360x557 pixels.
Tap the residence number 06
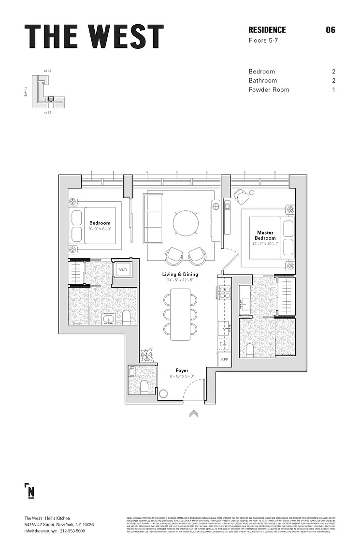(331, 30)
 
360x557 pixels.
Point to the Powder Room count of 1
(333, 89)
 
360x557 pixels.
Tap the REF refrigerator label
(224, 360)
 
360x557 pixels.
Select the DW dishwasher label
(223, 344)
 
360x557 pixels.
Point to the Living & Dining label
(180, 274)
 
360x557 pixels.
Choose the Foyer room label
(182, 370)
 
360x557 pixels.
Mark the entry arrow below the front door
(193, 413)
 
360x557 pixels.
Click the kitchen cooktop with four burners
(225, 293)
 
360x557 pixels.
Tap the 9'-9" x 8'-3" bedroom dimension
(100, 229)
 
